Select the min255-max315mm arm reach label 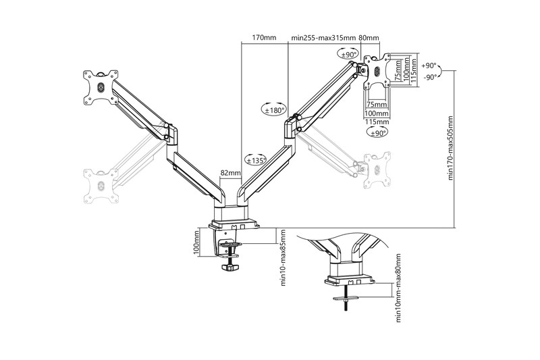tap(323, 38)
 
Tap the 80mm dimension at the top tap(369, 38)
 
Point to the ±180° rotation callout tap(274, 109)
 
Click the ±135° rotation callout tap(255, 160)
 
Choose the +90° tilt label tap(429, 66)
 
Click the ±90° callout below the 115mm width tap(376, 134)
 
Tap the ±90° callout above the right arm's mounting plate tap(348, 54)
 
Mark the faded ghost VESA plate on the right tap(377, 168)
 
